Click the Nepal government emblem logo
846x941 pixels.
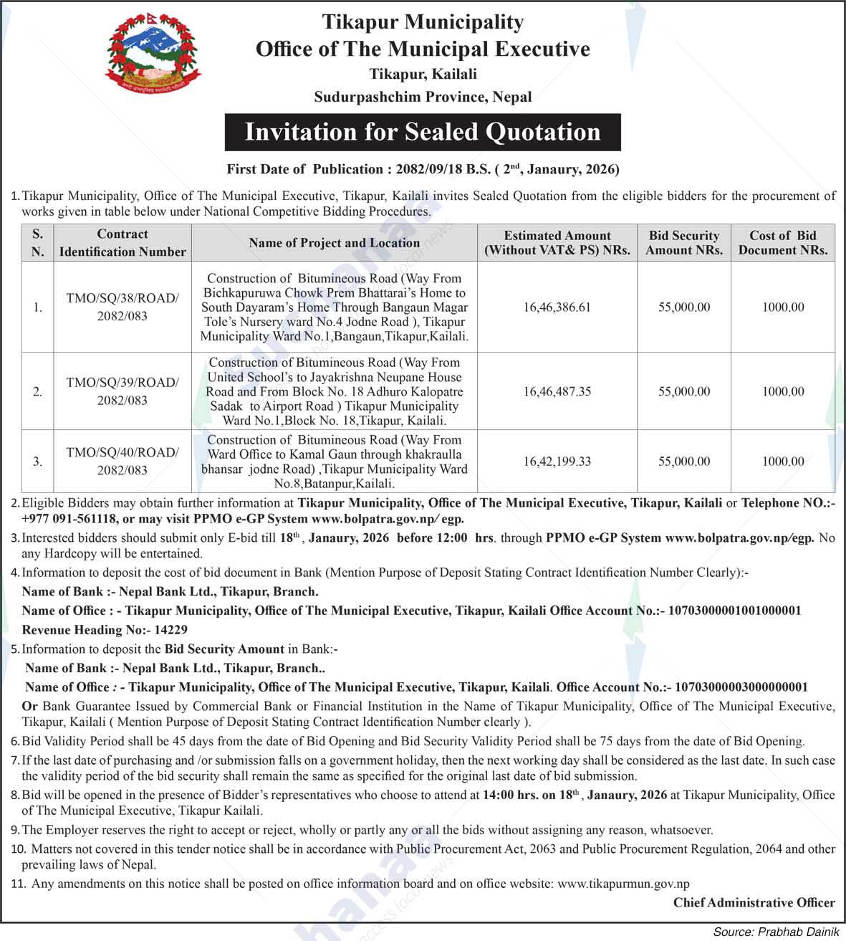point(153,58)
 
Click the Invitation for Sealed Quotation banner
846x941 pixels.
point(423,132)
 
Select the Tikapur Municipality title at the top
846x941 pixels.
point(423,22)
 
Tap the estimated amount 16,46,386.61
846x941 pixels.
point(557,307)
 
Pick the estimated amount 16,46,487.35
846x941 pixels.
point(557,391)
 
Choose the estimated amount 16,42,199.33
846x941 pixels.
point(557,462)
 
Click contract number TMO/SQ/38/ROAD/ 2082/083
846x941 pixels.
point(122,307)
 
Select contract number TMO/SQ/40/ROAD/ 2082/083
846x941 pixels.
point(122,462)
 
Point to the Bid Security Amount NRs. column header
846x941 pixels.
point(683,243)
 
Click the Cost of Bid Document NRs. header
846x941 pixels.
point(782,243)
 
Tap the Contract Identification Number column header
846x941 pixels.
point(122,243)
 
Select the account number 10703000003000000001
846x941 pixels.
point(741,687)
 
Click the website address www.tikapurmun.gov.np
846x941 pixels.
point(623,884)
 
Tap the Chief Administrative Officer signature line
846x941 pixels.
point(754,903)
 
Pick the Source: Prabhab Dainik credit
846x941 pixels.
point(776,932)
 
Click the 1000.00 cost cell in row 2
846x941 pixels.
point(782,391)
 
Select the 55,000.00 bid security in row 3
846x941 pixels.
point(683,462)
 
